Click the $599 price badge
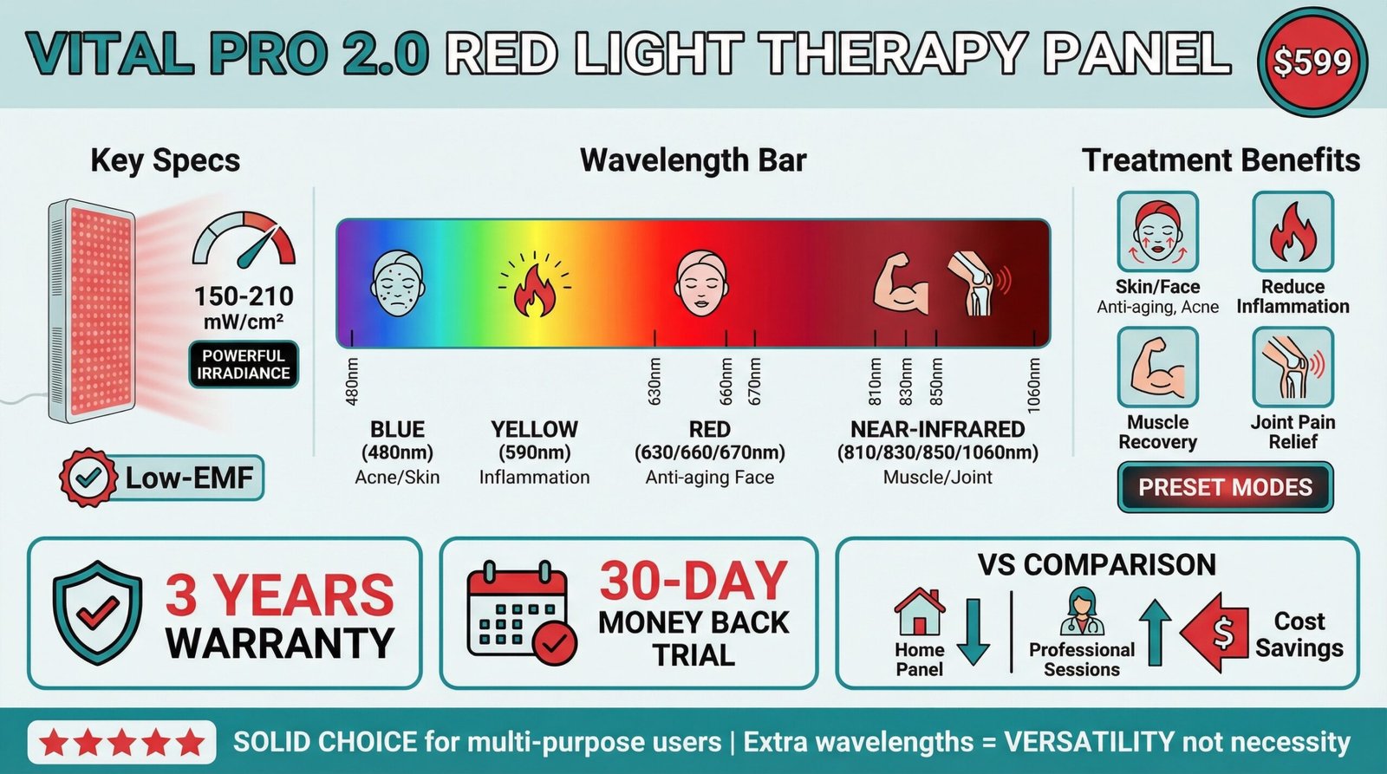(x=1312, y=62)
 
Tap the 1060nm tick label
(x=1033, y=382)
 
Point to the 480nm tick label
(x=352, y=381)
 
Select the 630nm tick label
(x=654, y=381)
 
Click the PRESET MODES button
(x=1225, y=487)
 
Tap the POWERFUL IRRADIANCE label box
(x=244, y=365)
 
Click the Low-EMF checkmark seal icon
(x=88, y=478)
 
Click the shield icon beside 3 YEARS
(x=97, y=612)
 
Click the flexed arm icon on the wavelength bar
(x=901, y=284)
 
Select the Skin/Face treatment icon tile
(x=1157, y=232)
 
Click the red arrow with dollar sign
(x=1216, y=633)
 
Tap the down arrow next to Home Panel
(x=974, y=631)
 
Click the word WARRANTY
(x=280, y=643)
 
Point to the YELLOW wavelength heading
(x=534, y=429)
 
